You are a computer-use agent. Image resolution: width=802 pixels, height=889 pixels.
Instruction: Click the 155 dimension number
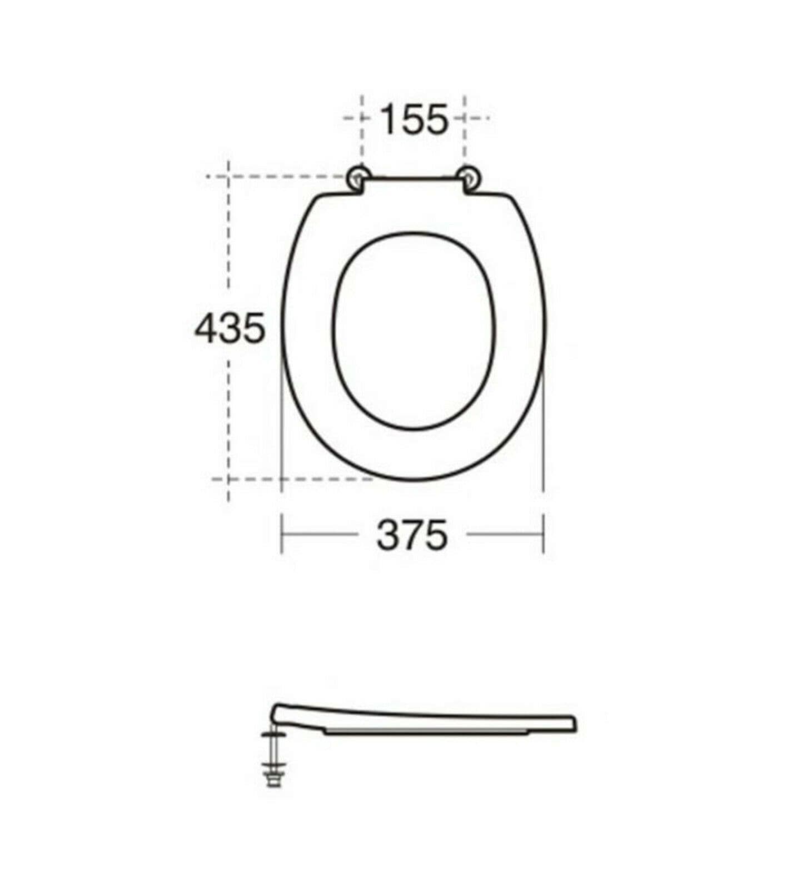[414, 119]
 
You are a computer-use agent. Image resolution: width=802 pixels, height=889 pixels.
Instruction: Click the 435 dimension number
[230, 328]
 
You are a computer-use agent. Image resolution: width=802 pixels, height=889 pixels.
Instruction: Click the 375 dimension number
[411, 535]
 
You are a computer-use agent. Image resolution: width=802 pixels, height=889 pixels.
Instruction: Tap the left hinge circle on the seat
[357, 177]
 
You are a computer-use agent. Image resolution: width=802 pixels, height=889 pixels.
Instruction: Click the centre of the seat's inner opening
[414, 331]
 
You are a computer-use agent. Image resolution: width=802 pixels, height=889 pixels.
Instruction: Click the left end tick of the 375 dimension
[282, 535]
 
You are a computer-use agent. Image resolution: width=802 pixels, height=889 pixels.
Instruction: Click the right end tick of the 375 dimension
[543, 535]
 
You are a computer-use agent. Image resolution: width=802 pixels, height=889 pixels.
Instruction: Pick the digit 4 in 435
[206, 328]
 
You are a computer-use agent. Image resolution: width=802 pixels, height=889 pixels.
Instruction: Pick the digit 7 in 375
[412, 535]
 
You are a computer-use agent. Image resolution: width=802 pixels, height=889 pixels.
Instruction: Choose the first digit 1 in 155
[387, 119]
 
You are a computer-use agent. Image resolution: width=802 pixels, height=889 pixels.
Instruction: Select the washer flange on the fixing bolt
[272, 735]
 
